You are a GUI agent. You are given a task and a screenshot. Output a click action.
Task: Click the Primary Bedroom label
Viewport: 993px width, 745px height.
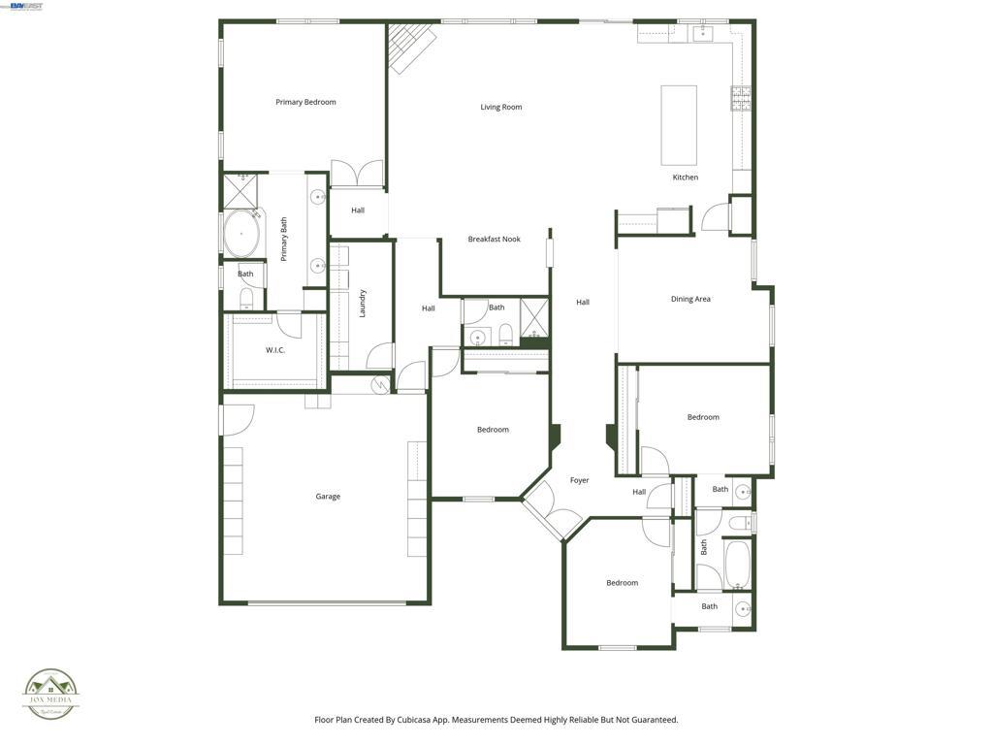coord(305,102)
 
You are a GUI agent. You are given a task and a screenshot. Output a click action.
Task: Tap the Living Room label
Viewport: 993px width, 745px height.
coord(501,107)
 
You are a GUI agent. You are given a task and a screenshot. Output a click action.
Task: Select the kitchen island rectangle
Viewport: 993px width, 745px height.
coord(679,125)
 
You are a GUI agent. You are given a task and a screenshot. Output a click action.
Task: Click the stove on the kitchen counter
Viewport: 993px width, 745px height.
coord(741,98)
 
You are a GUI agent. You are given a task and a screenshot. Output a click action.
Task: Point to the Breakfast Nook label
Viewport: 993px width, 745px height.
coord(495,239)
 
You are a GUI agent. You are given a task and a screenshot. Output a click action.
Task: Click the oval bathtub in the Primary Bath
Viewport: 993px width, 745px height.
coord(241,234)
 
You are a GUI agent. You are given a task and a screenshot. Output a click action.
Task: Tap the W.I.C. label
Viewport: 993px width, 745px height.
coord(275,350)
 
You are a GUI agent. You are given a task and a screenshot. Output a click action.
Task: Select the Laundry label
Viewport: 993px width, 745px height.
coord(363,303)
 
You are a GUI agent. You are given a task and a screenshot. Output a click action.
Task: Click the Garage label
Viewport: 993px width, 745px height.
coord(328,497)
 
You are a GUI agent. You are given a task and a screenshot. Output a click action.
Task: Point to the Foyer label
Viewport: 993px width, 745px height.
coord(579,480)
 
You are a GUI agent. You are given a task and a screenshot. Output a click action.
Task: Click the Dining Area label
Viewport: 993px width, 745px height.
coord(690,299)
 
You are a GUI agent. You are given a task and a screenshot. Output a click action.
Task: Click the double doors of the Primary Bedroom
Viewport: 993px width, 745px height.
coord(358,175)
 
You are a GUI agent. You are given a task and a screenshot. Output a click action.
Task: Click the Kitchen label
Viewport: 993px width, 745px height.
coord(686,178)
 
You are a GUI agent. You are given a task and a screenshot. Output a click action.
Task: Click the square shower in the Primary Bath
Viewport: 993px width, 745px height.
coord(240,190)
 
